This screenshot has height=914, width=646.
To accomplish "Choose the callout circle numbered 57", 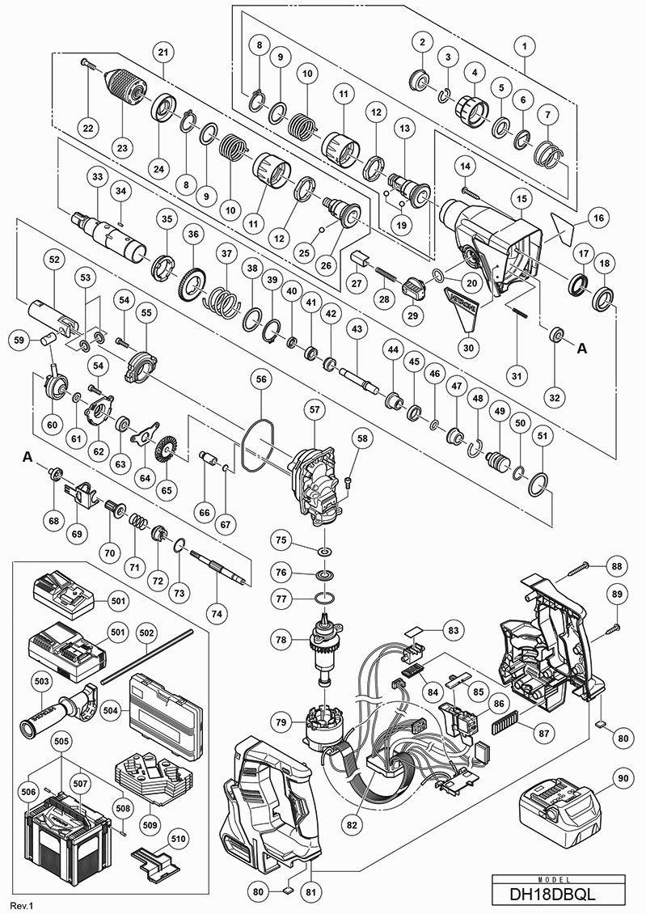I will pyautogui.click(x=314, y=411).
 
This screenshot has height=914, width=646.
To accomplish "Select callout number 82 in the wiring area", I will pyautogui.click(x=352, y=826).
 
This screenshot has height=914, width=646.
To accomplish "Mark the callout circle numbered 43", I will pyautogui.click(x=357, y=330).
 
